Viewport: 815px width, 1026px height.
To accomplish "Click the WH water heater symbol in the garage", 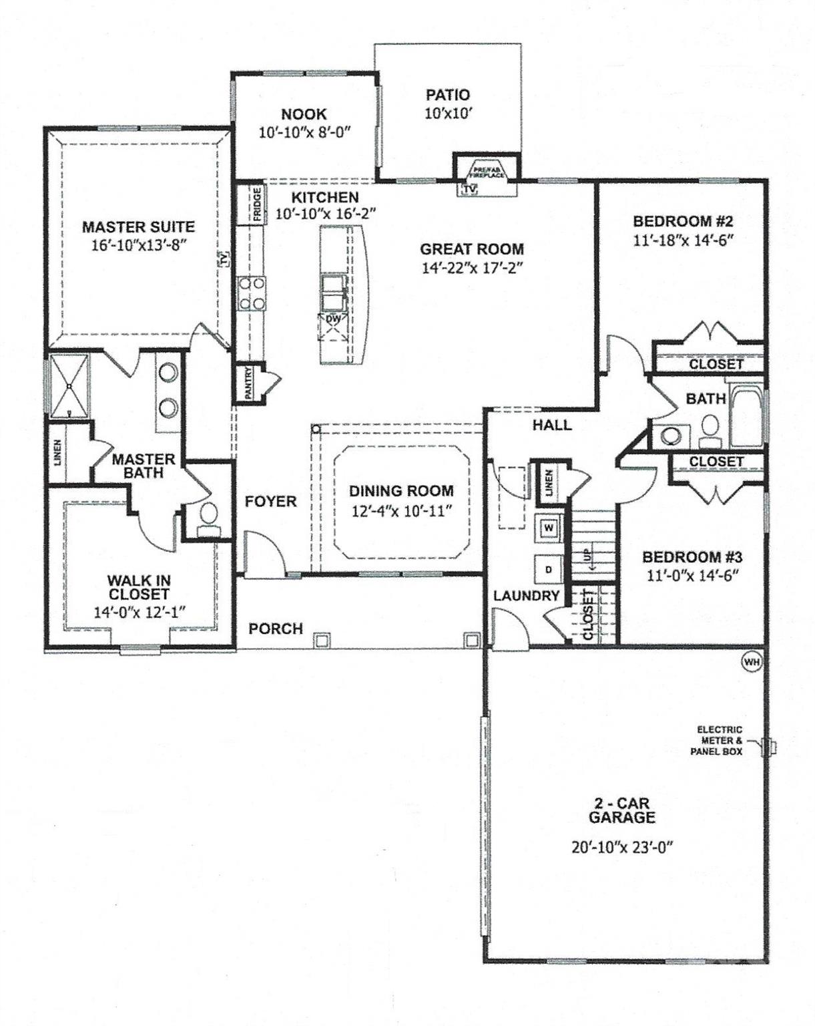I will [751, 661].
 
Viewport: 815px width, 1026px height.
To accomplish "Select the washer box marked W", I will [549, 528].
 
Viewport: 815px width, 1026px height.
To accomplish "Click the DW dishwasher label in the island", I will [334, 319].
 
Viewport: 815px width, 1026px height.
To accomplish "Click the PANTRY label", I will [248, 384].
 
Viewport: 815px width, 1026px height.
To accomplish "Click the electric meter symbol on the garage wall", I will [772, 744].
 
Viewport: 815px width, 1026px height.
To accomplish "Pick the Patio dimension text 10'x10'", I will [448, 114].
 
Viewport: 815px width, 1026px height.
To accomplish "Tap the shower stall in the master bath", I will [69, 386].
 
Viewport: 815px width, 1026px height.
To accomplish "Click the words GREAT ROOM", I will [471, 249].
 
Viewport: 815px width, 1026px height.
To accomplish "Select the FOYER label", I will [270, 501].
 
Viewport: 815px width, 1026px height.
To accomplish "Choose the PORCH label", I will [276, 629].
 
